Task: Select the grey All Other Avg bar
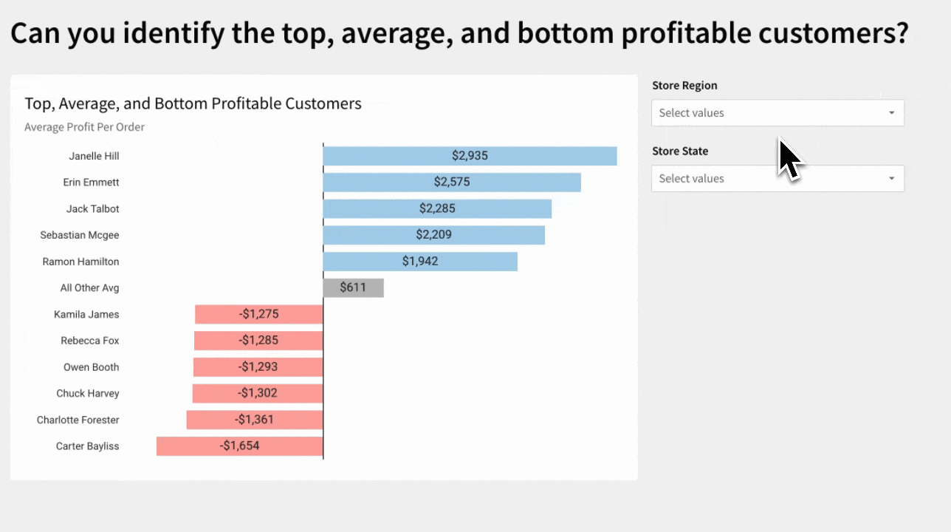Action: [x=353, y=287]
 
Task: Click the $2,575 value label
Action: [x=451, y=182]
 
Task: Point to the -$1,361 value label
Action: [x=255, y=420]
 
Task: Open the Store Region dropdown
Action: [x=768, y=113]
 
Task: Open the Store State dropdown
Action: [x=768, y=179]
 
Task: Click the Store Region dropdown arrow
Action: [x=891, y=113]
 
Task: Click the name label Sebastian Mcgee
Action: [x=80, y=235]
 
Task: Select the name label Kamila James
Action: [x=86, y=314]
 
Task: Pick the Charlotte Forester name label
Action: [x=78, y=420]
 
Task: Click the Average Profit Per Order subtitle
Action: [x=84, y=127]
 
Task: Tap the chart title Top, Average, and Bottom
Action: [x=193, y=103]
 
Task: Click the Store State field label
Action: [x=680, y=151]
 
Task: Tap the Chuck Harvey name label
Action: [x=88, y=393]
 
